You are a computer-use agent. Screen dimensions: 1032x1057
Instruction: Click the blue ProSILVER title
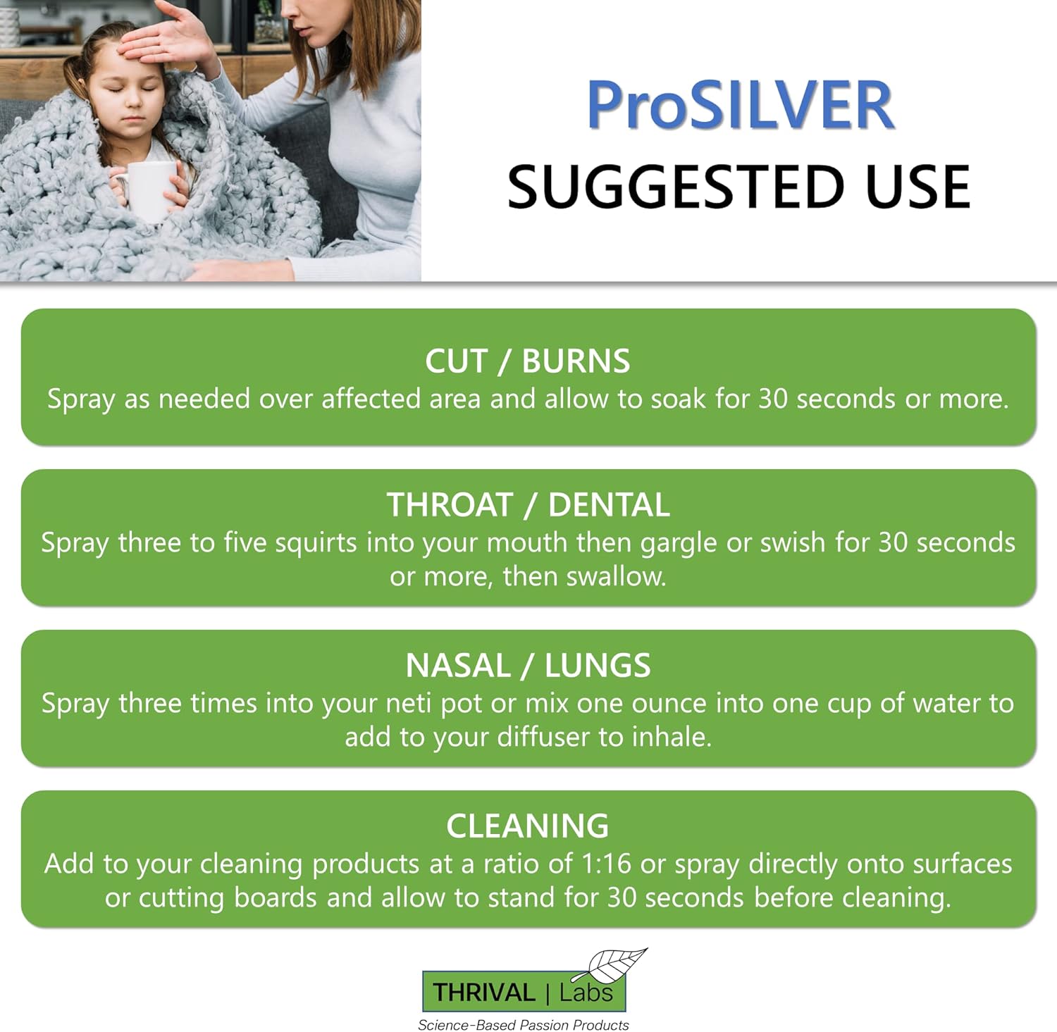coord(740,106)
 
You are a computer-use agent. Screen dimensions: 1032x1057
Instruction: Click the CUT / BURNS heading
coord(527,361)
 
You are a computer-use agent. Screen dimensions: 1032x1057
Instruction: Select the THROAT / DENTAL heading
coord(528,505)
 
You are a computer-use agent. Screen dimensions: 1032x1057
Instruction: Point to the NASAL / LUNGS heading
coord(528,666)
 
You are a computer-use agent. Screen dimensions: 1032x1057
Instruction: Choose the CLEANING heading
coord(527,826)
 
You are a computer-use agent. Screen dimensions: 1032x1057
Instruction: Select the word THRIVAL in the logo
coord(483,993)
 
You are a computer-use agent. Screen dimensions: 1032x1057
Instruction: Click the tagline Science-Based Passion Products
coord(523,1025)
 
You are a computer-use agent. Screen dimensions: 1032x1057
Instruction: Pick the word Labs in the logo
coord(586,993)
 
